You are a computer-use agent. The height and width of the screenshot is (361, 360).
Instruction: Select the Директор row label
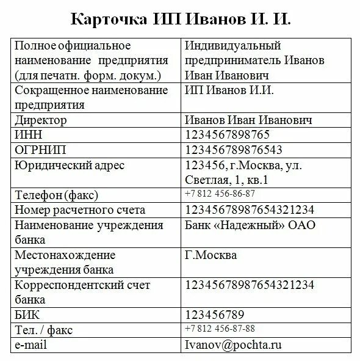click(x=41, y=120)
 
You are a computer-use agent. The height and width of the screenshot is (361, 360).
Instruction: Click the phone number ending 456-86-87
click(x=220, y=194)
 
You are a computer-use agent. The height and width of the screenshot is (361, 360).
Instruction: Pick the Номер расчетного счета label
click(x=80, y=210)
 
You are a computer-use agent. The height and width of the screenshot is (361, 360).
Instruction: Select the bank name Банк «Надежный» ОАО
click(x=250, y=225)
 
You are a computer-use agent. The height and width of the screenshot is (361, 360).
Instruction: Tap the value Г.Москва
click(x=211, y=255)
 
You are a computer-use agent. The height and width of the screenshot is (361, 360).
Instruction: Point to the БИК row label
click(x=27, y=315)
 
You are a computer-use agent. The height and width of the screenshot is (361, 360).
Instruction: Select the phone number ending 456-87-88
click(x=220, y=329)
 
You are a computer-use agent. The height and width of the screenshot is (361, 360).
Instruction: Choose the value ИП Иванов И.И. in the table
click(x=229, y=90)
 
